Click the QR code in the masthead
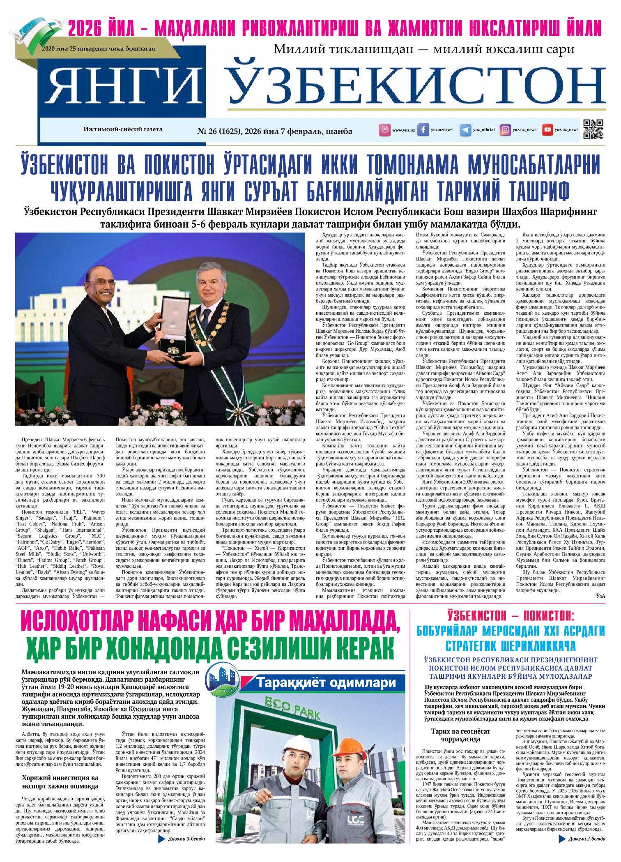point(593,129)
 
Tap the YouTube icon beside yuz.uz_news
point(547,130)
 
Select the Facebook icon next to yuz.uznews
point(423,130)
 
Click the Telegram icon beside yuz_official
point(465,130)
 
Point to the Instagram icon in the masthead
point(505,130)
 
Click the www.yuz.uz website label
point(403,130)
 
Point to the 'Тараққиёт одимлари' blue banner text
point(326,683)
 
